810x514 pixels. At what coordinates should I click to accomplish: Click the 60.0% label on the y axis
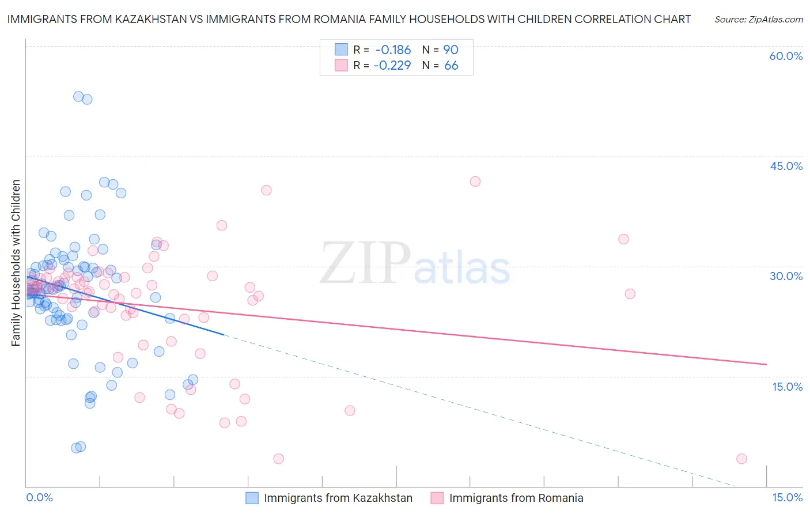(786, 56)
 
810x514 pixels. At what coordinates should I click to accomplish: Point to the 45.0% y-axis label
(786, 166)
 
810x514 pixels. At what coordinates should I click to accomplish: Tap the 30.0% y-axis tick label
(786, 276)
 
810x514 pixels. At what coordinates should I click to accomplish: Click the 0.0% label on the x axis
(40, 497)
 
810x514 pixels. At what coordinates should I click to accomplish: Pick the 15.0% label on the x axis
(787, 497)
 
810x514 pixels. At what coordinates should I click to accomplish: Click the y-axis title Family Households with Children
(16, 263)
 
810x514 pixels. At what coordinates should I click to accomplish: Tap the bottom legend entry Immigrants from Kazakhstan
(338, 498)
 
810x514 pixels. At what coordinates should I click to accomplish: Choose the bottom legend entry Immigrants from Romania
(516, 498)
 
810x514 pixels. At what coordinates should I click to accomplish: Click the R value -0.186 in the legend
(392, 50)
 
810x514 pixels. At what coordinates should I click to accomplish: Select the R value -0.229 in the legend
(392, 66)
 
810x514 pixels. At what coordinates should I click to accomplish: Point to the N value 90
(451, 50)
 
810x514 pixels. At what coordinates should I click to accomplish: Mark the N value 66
(451, 66)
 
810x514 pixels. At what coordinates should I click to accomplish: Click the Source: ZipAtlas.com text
(758, 20)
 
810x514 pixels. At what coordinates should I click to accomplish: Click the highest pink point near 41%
(475, 182)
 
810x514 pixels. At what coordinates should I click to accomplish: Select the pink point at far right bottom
(741, 459)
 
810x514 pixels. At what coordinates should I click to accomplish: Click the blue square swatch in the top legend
(341, 50)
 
